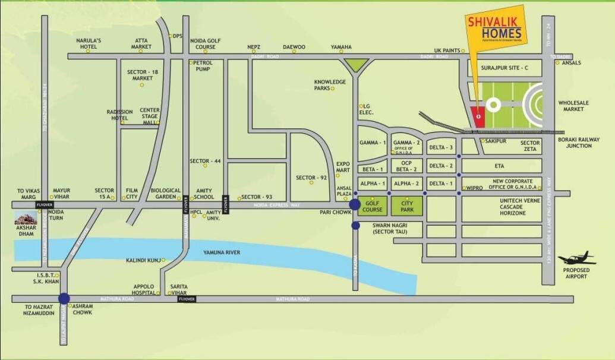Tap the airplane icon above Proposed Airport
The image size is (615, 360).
(x=577, y=258)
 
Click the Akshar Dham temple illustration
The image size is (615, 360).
(x=26, y=218)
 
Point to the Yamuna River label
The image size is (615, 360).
(x=220, y=252)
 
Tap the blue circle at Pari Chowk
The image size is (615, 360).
(x=355, y=205)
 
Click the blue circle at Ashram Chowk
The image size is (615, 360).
(x=64, y=299)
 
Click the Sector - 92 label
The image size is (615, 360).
(x=312, y=178)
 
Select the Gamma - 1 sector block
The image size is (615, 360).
(x=373, y=143)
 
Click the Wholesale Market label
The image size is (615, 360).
(x=573, y=106)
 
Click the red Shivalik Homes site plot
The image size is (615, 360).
(x=477, y=116)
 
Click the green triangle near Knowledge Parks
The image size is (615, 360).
(x=355, y=64)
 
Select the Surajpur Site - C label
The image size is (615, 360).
(x=505, y=68)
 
